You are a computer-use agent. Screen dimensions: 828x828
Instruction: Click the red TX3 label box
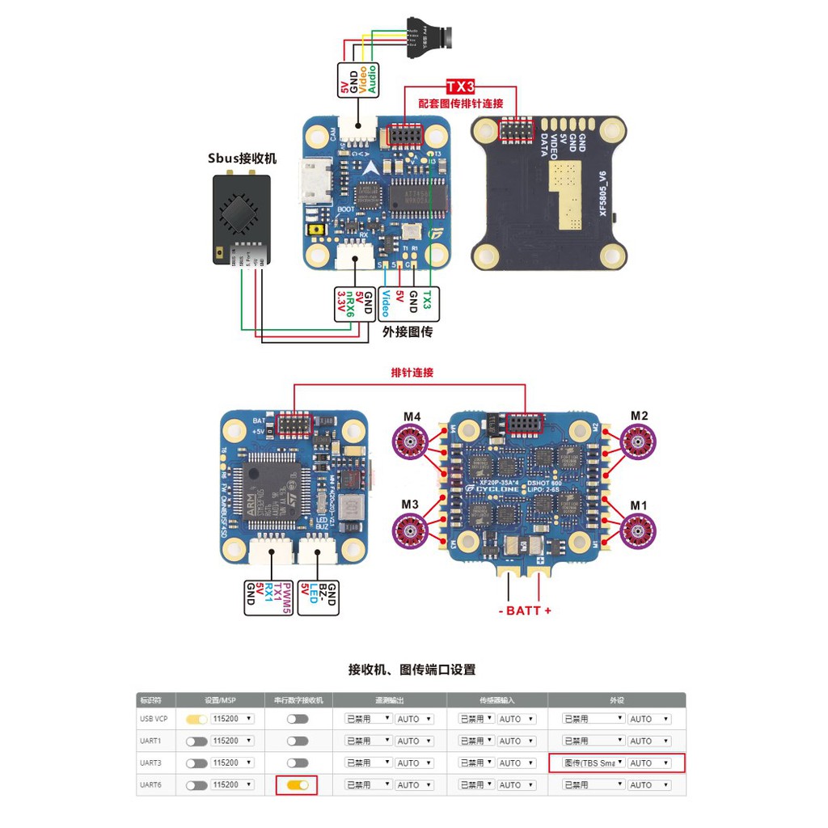click(461, 87)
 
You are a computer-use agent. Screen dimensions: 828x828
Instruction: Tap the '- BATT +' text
click(524, 610)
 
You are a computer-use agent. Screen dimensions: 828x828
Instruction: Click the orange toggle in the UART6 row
click(296, 784)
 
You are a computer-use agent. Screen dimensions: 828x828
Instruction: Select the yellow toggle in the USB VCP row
click(196, 718)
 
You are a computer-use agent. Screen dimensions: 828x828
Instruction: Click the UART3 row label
click(150, 763)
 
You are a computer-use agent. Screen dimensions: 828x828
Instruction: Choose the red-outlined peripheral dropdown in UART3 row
click(616, 763)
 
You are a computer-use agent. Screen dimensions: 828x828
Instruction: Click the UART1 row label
click(150, 741)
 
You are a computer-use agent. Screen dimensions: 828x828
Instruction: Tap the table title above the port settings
click(412, 669)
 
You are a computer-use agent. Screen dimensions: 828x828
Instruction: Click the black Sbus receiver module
click(241, 218)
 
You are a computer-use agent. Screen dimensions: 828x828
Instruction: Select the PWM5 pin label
click(286, 598)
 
